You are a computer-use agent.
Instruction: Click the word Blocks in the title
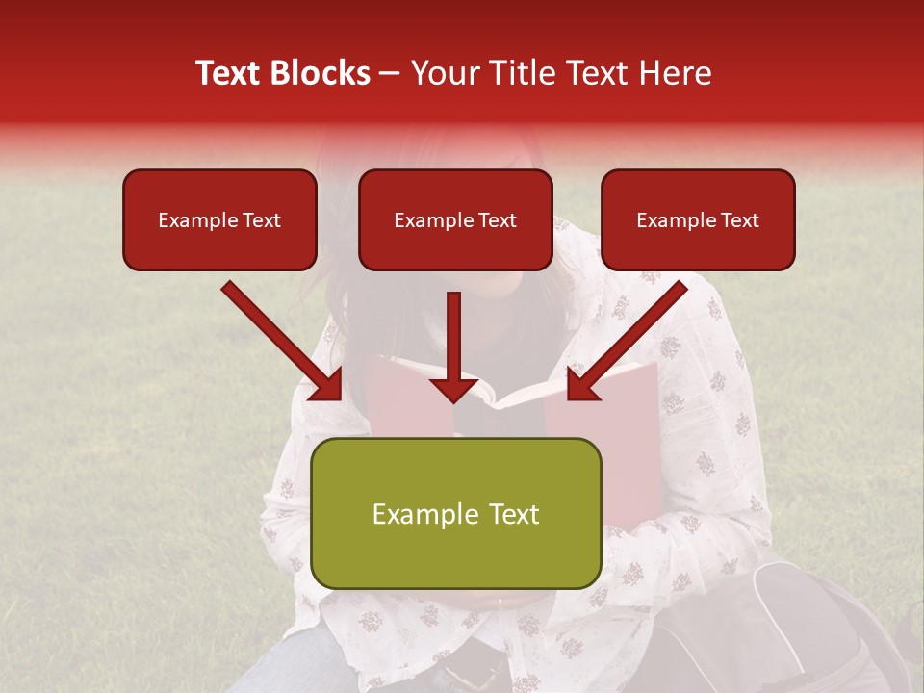(x=323, y=73)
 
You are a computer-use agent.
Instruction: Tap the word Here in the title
(x=674, y=73)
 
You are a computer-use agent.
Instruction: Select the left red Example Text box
(x=219, y=219)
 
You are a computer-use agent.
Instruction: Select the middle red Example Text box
(x=455, y=219)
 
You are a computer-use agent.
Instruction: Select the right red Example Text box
(x=698, y=219)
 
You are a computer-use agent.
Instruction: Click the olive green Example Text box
(x=455, y=513)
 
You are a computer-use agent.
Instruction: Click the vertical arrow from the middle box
(x=454, y=337)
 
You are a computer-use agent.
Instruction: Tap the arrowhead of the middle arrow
(x=454, y=389)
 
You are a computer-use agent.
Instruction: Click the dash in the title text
(x=390, y=74)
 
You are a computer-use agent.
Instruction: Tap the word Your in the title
(x=445, y=73)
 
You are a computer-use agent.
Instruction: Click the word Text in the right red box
(x=739, y=220)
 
